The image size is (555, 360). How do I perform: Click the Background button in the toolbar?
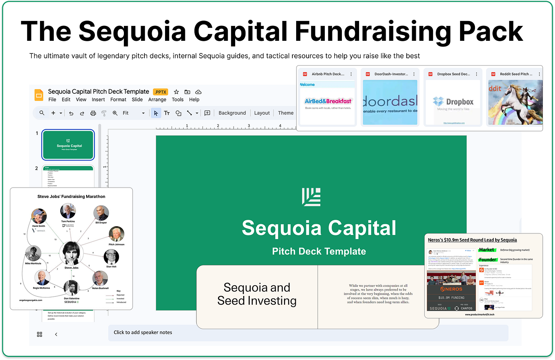[232, 113]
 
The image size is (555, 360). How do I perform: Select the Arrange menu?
[157, 100]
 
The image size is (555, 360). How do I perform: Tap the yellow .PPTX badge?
[160, 92]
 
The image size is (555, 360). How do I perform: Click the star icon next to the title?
[176, 92]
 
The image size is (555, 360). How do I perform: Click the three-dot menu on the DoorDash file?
[414, 74]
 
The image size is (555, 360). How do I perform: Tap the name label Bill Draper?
[101, 222]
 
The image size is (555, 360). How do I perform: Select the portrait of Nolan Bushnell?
[100, 279]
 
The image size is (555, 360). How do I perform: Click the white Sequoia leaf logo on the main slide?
[311, 197]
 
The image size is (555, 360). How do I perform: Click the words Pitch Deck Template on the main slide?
[319, 251]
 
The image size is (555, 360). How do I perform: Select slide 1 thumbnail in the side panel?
[68, 145]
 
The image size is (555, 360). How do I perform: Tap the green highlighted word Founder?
[488, 260]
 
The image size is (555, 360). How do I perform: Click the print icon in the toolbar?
[93, 113]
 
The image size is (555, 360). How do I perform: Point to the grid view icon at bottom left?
[40, 334]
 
